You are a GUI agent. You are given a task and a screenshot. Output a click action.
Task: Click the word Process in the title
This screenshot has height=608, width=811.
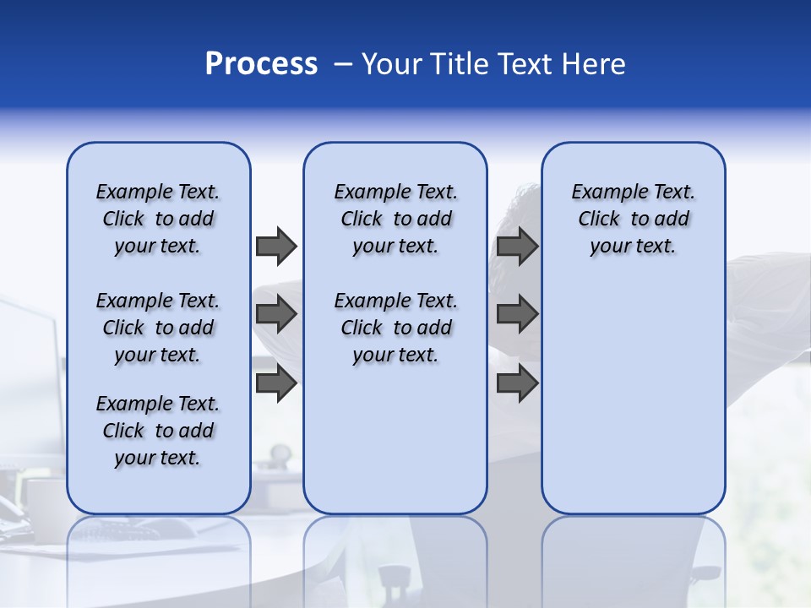pyautogui.click(x=261, y=64)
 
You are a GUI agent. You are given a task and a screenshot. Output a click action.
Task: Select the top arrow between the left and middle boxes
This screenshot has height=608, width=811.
pyautogui.click(x=276, y=246)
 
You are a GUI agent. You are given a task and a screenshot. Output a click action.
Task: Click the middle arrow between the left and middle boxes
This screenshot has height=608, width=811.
pyautogui.click(x=276, y=315)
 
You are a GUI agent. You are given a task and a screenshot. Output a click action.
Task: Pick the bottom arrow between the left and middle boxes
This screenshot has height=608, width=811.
pyautogui.click(x=276, y=383)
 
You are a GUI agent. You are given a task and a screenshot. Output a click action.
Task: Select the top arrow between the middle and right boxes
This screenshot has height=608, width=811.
pyautogui.click(x=517, y=246)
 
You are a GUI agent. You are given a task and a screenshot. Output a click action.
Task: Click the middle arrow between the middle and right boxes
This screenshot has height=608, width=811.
pyautogui.click(x=517, y=315)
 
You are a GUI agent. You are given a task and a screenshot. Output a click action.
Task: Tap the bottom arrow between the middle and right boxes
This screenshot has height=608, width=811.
pyautogui.click(x=517, y=383)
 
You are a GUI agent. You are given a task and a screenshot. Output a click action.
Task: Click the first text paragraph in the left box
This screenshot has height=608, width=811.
pyautogui.click(x=158, y=219)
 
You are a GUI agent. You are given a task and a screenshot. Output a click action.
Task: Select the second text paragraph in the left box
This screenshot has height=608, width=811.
pyautogui.click(x=158, y=328)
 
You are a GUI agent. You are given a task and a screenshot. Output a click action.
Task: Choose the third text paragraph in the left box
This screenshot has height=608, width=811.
pyautogui.click(x=158, y=431)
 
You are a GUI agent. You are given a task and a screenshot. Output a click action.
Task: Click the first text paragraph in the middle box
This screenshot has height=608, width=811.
pyautogui.click(x=395, y=219)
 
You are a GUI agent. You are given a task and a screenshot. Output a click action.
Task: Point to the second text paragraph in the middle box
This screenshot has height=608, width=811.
pyautogui.click(x=395, y=328)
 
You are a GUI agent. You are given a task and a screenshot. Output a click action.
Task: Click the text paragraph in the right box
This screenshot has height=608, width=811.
pyautogui.click(x=633, y=219)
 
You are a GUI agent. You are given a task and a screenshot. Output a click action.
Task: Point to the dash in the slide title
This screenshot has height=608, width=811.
pyautogui.click(x=343, y=64)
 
